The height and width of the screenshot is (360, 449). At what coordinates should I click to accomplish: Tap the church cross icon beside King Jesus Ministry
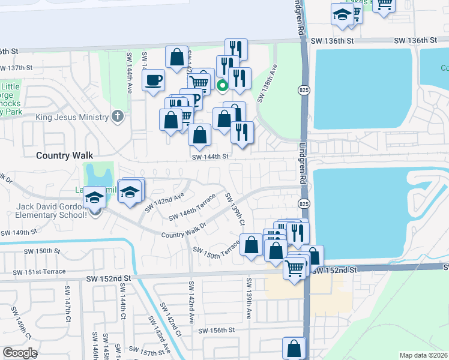118,116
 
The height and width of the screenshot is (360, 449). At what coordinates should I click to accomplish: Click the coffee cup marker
154,79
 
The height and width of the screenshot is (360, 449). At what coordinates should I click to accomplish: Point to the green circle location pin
222,86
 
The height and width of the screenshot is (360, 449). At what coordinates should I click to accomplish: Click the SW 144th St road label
211,157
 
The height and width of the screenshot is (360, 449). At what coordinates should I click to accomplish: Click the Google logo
20,352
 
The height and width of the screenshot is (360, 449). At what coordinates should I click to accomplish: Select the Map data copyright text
423,355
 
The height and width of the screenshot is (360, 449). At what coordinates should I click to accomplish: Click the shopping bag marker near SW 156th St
294,348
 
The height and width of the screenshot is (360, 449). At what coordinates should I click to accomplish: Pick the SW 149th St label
19,232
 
